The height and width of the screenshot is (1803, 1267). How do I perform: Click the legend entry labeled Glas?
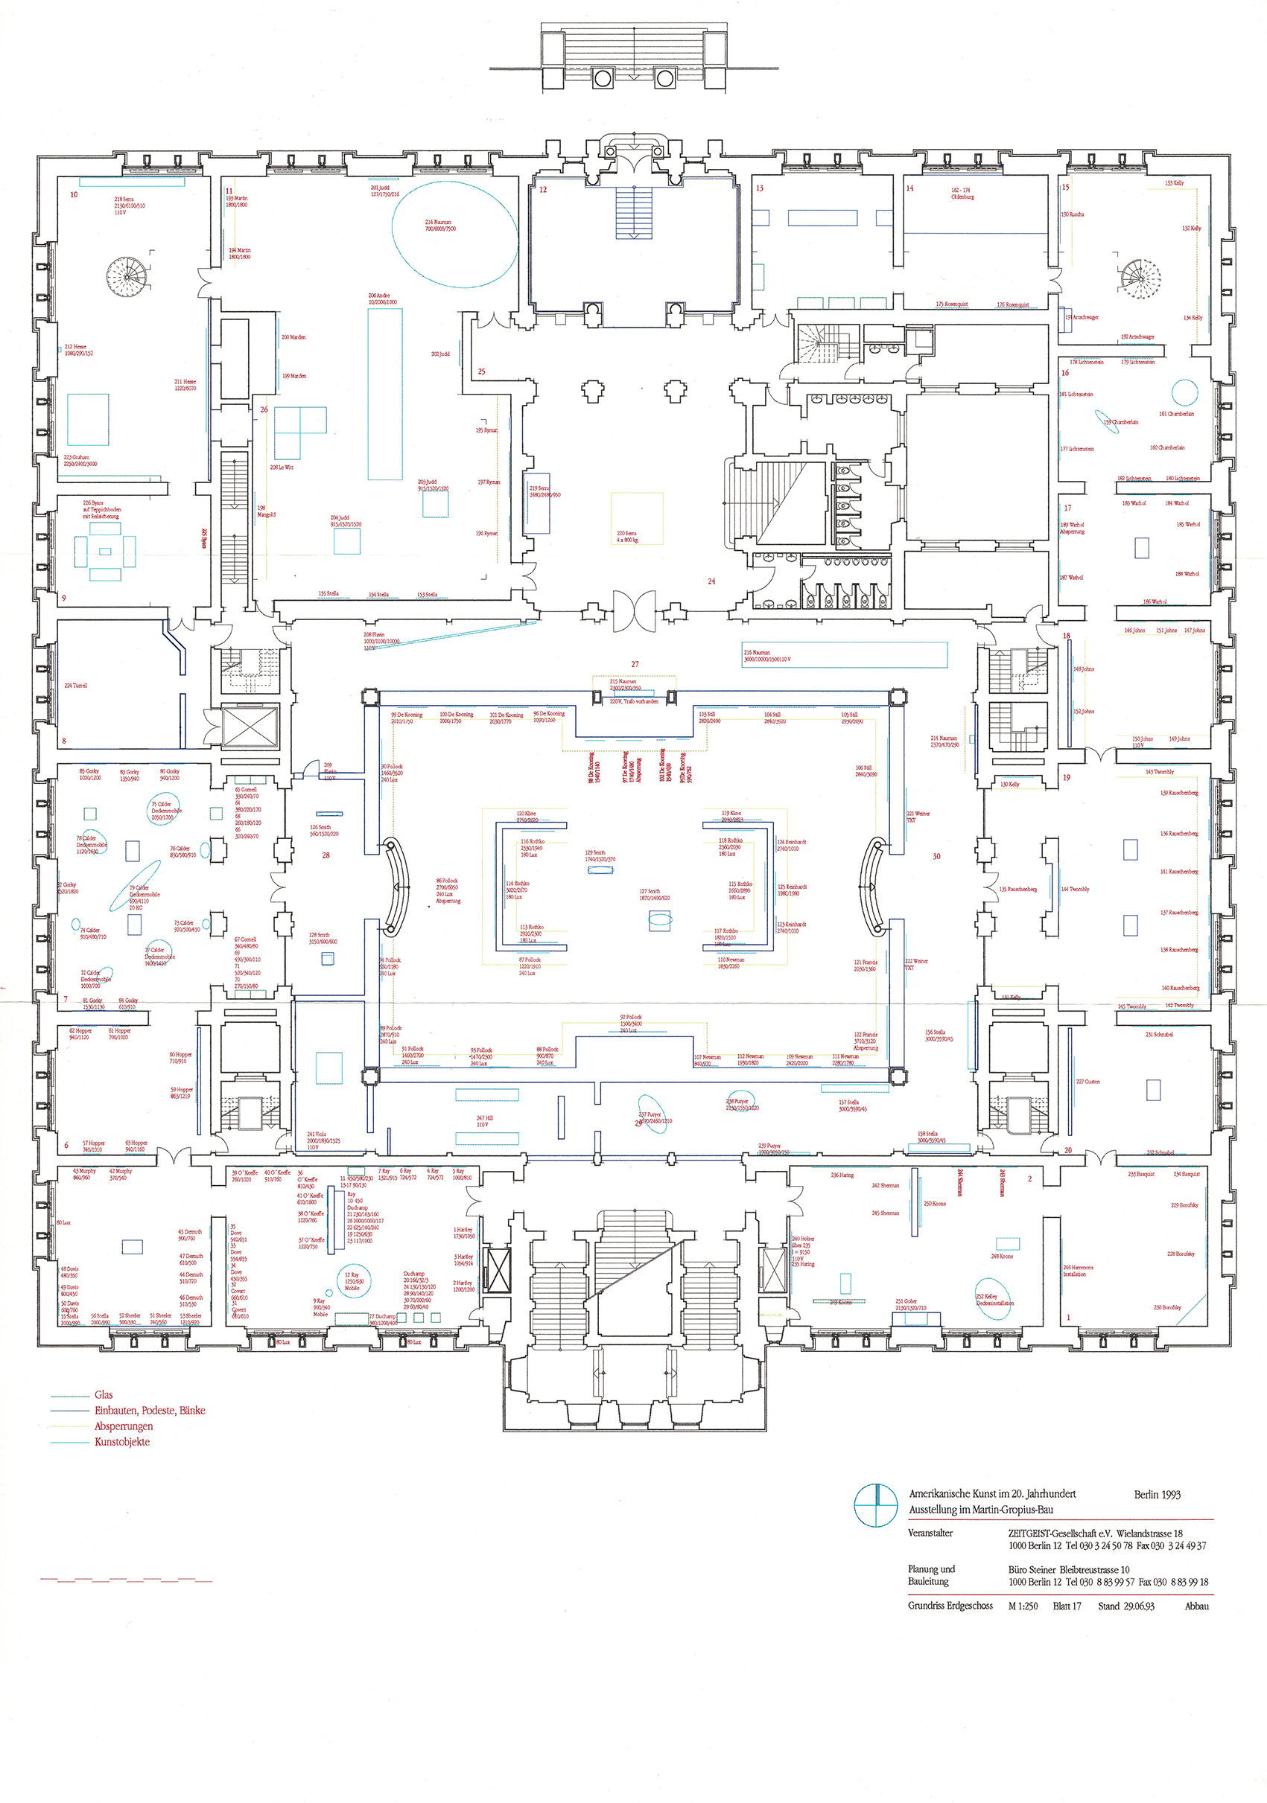point(104,1394)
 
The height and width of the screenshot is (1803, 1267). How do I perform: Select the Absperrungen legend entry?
point(124,1426)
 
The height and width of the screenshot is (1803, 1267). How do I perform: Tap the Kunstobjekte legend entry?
point(121,1441)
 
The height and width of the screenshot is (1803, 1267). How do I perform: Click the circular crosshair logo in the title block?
point(875,1504)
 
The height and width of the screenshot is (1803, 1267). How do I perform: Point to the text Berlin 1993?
point(1156,1494)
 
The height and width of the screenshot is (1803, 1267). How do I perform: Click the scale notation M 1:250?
point(1023,1606)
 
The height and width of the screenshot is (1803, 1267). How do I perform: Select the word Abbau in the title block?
point(1196,1606)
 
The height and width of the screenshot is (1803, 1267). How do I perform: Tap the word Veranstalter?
point(930,1532)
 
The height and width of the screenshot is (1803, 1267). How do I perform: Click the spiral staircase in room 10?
point(127,276)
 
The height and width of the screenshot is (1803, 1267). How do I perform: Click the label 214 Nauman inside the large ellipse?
point(440,226)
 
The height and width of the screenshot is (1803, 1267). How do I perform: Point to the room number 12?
point(543,189)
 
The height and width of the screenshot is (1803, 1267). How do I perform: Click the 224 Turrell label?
point(75,685)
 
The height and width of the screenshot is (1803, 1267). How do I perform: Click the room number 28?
point(326,855)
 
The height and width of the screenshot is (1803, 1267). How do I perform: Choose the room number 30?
point(936,856)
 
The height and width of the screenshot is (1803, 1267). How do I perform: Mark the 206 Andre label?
point(383,299)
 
